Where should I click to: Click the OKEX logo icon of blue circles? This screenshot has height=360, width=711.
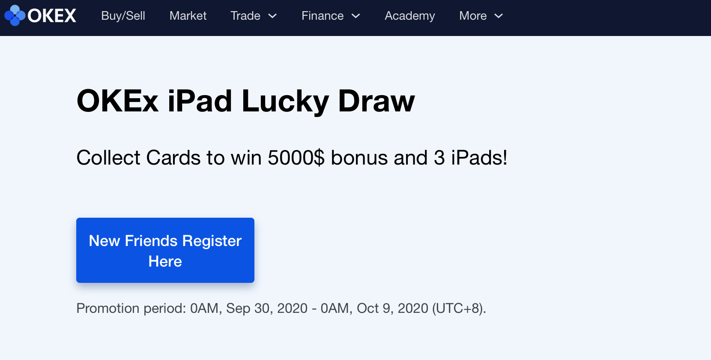pos(15,15)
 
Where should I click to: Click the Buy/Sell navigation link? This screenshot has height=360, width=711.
pos(123,15)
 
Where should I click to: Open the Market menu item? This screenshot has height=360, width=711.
pos(188,15)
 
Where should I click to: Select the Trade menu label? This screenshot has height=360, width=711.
pos(245,15)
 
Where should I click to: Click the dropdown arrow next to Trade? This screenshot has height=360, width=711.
pos(273,16)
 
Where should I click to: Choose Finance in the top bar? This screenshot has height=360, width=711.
pos(323,15)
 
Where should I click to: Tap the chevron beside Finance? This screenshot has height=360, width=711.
pos(356,16)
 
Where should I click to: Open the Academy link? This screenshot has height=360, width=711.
pos(410,16)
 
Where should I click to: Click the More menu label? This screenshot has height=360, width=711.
pos(473,15)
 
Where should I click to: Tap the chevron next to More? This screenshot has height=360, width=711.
pos(499,16)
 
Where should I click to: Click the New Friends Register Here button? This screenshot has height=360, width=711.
pos(165,250)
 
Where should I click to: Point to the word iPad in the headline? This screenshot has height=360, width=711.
pos(200,101)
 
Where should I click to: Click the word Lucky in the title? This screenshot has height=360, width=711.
pos(285,102)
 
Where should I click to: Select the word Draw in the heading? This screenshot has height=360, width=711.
pos(376,101)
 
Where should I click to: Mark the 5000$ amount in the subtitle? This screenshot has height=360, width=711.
pos(296,158)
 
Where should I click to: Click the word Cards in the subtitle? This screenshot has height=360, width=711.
pos(173,158)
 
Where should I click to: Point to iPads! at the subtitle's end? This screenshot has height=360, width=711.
pos(479,158)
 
